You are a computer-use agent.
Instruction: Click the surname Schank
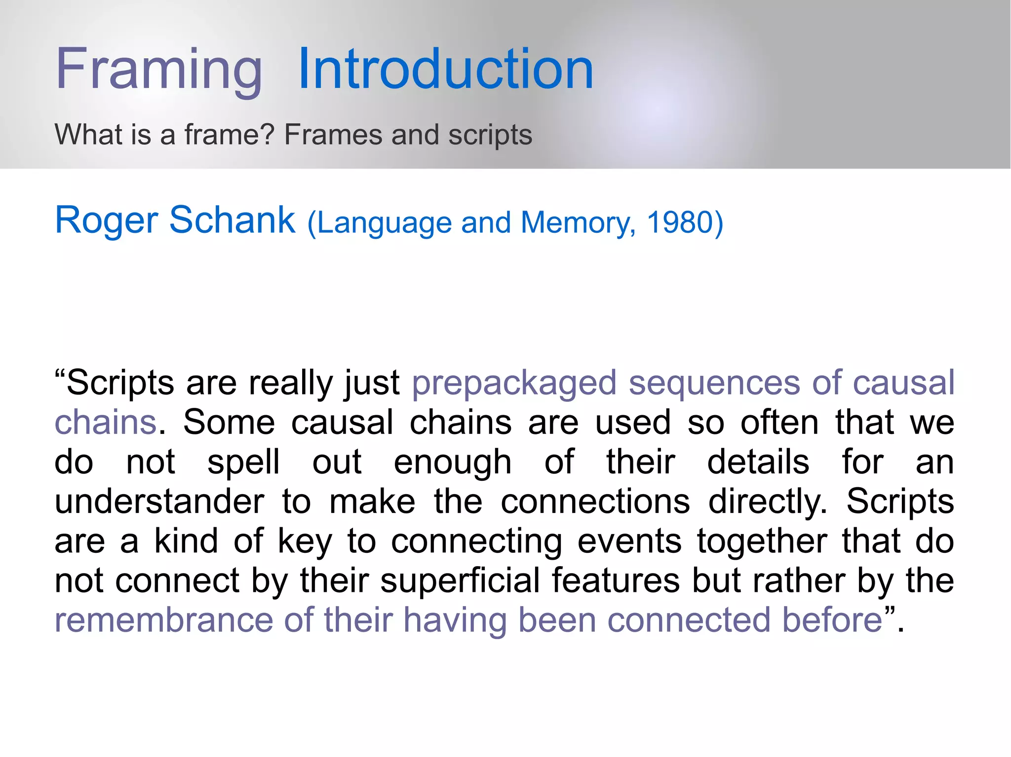click(x=232, y=220)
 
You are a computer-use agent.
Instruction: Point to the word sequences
click(x=714, y=383)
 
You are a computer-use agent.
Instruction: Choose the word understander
click(x=159, y=502)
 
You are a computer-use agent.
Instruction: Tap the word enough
click(x=452, y=463)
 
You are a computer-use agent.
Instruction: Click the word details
click(x=758, y=462)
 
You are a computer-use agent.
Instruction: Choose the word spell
click(x=243, y=463)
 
